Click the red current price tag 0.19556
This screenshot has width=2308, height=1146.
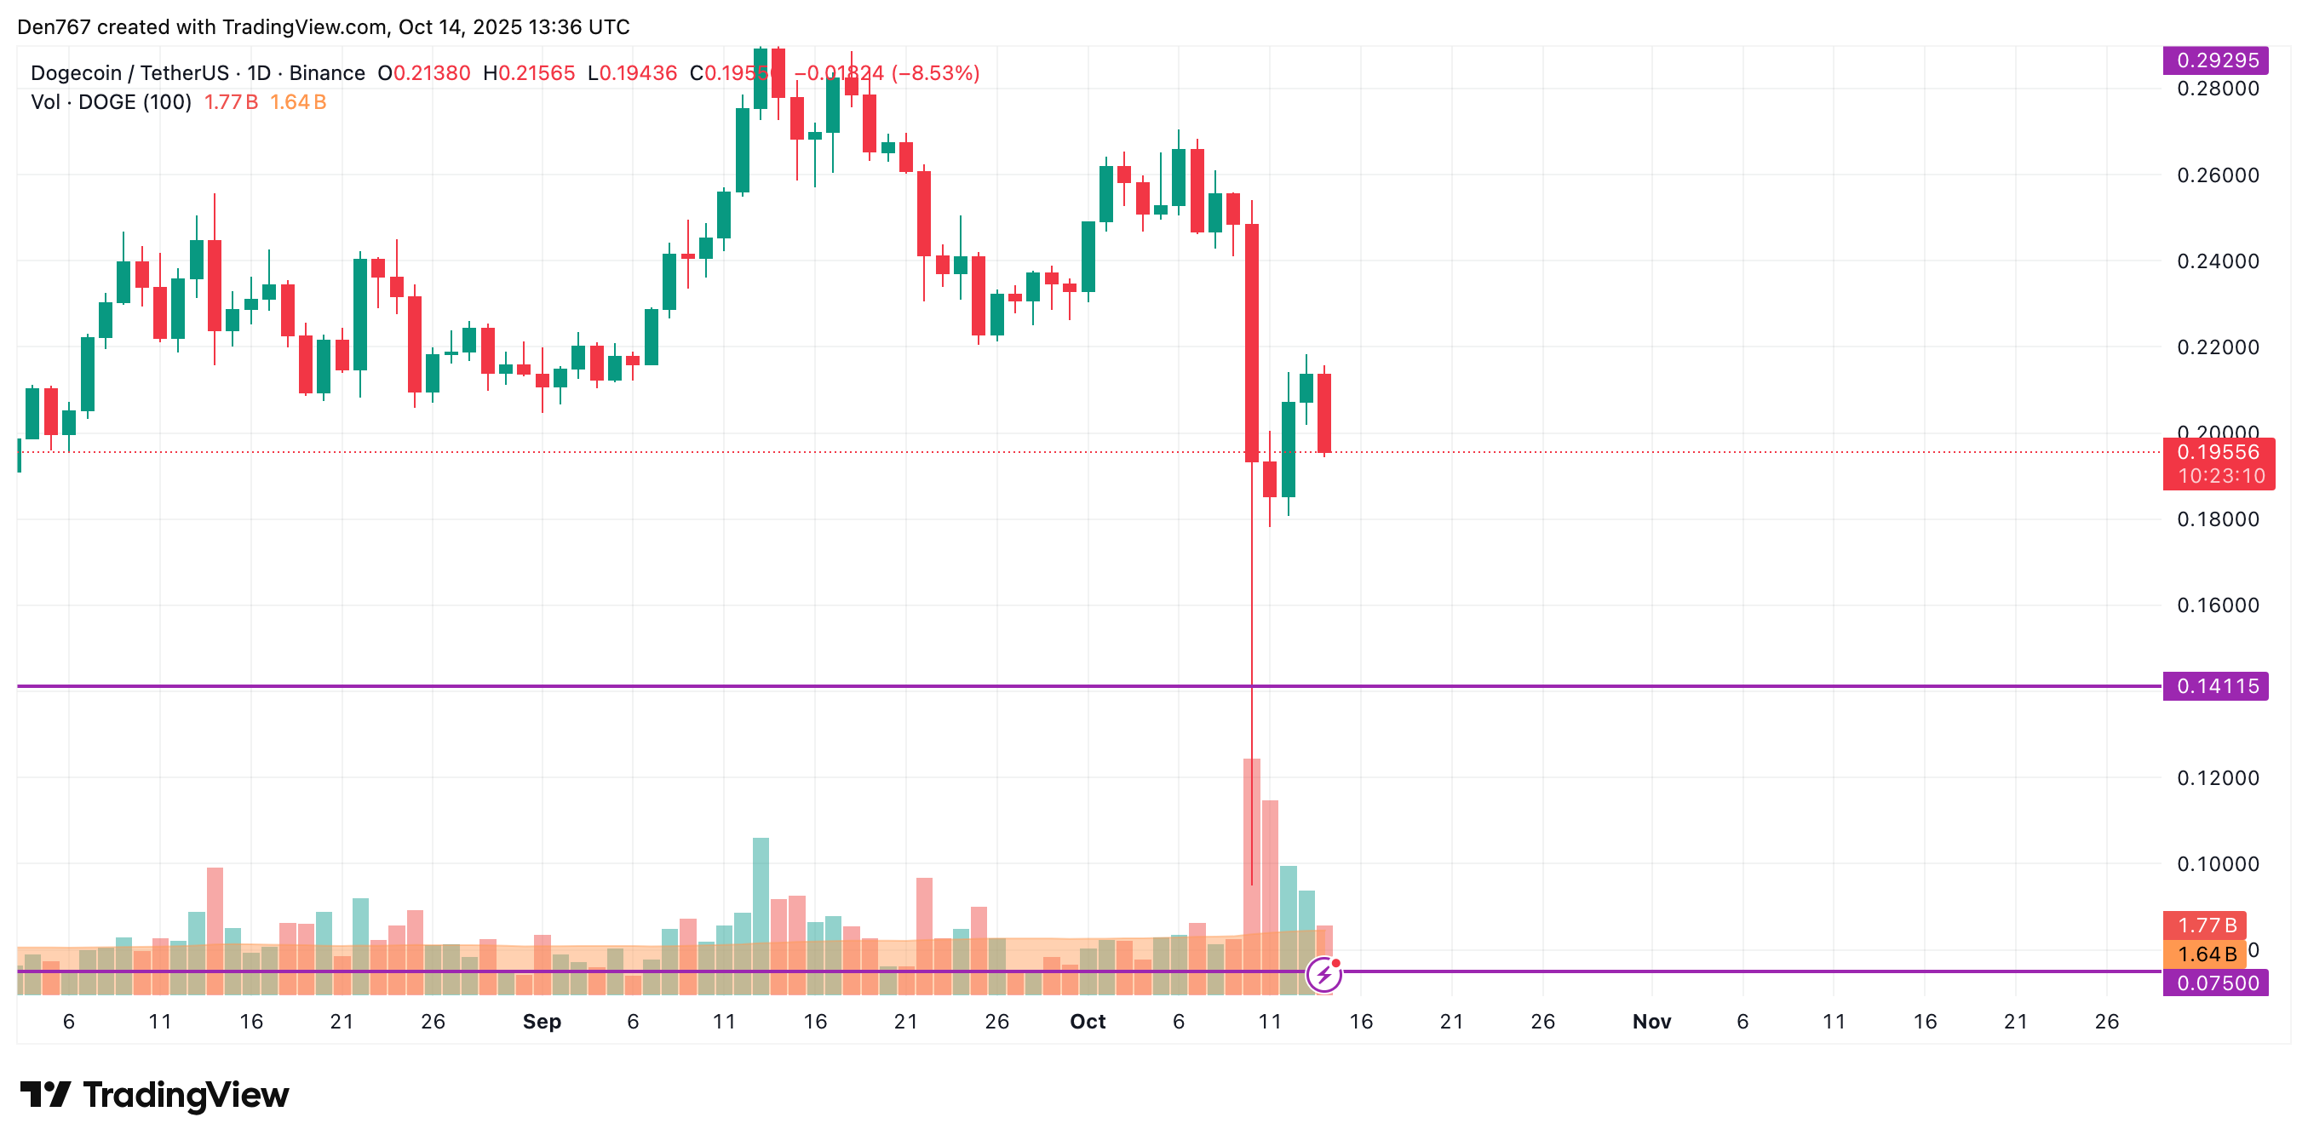pyautogui.click(x=2218, y=452)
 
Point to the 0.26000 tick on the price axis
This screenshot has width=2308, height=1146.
pyautogui.click(x=2218, y=175)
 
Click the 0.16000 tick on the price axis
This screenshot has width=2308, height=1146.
pyautogui.click(x=2218, y=605)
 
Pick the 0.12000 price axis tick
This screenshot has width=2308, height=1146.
pyautogui.click(x=2218, y=777)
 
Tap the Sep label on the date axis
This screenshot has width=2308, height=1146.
pyautogui.click(x=541, y=1022)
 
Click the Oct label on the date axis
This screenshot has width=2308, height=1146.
pyautogui.click(x=1088, y=1022)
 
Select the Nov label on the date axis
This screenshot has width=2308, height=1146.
pyautogui.click(x=1651, y=1022)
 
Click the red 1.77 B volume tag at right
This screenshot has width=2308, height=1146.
pyautogui.click(x=2206, y=925)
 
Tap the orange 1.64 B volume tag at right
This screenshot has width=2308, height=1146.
pyautogui.click(x=2206, y=954)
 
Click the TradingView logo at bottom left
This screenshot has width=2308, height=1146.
pyautogui.click(x=154, y=1095)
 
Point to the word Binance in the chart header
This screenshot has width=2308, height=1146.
pyautogui.click(x=327, y=72)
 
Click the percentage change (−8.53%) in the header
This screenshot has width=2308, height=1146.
pyautogui.click(x=936, y=72)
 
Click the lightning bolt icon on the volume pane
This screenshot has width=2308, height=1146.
pyautogui.click(x=1323, y=973)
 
